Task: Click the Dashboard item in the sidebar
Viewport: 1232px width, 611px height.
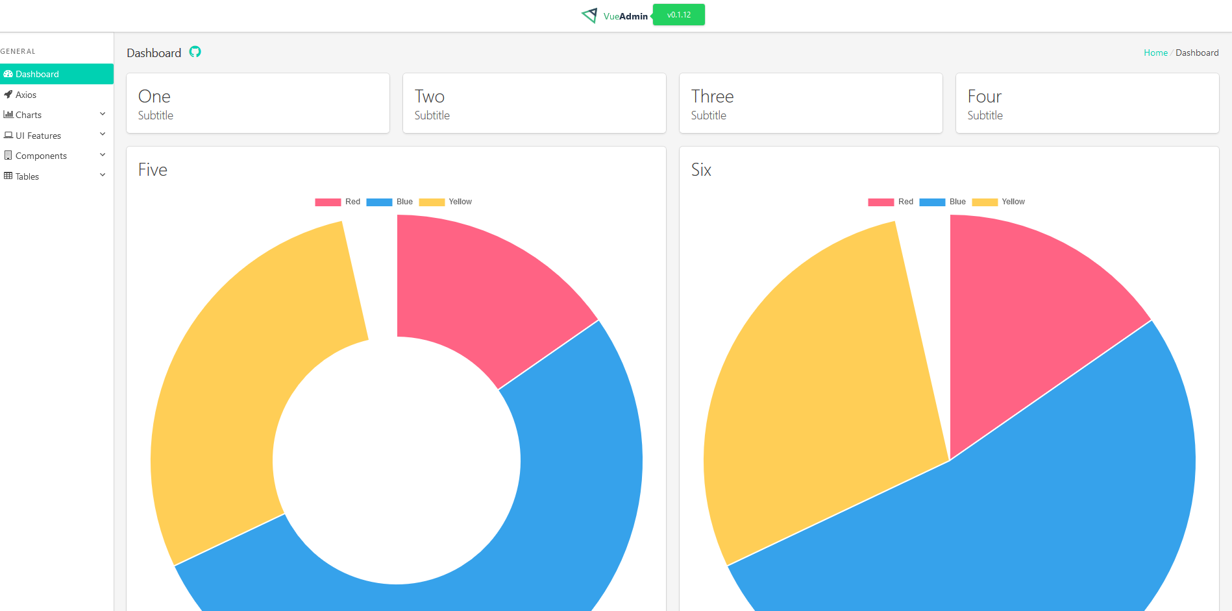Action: tap(37, 74)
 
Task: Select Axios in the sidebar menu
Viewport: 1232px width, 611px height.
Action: tap(26, 95)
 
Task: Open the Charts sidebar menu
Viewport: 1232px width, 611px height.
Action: tap(29, 115)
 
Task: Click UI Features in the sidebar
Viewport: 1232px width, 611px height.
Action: tap(38, 136)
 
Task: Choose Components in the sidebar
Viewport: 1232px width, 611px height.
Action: tap(41, 156)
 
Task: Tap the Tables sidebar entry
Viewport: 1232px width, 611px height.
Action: tap(27, 176)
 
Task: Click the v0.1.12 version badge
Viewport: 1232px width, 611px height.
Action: tap(678, 15)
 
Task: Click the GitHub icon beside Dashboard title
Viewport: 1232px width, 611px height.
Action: tap(195, 52)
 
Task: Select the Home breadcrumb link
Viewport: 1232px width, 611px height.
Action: tap(1155, 53)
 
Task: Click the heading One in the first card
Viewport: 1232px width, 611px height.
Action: tap(154, 97)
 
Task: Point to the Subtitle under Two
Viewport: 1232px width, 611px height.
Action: tap(432, 115)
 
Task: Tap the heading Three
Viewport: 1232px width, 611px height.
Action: tap(712, 97)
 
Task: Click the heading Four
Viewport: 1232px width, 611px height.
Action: tap(984, 97)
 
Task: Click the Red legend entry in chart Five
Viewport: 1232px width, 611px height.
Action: tap(338, 202)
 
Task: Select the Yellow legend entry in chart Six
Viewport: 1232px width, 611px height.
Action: tap(999, 202)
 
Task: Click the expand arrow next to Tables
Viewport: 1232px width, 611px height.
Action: tap(103, 175)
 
